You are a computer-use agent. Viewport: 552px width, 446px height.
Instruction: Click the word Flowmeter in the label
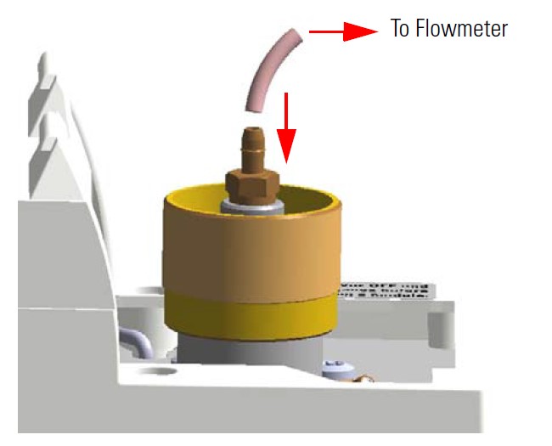pos(465,29)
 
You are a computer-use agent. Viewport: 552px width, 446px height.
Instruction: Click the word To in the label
pos(400,29)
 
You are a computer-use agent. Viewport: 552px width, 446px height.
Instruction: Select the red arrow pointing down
pos(287,127)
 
